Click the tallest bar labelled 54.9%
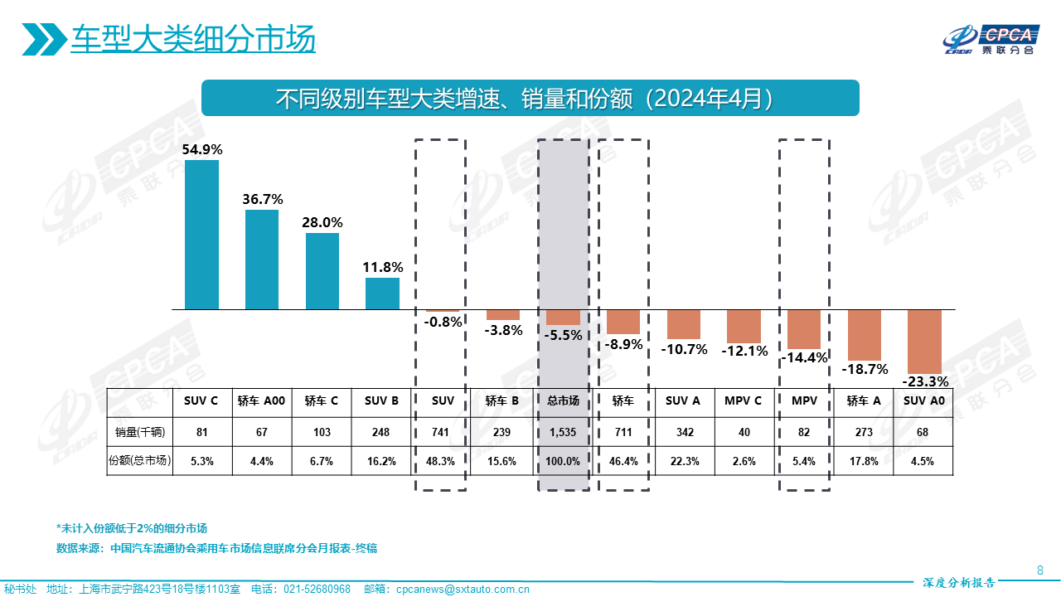click(x=201, y=235)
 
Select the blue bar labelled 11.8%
click(x=382, y=294)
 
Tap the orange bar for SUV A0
click(x=925, y=341)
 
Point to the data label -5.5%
click(x=564, y=336)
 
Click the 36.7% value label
click(x=262, y=199)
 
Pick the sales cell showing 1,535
click(x=563, y=432)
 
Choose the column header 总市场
click(x=563, y=401)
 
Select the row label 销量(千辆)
click(x=139, y=432)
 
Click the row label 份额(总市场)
click(x=139, y=461)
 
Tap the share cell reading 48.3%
click(x=443, y=461)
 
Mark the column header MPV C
click(x=744, y=401)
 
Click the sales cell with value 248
click(x=382, y=432)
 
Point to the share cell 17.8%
click(x=864, y=461)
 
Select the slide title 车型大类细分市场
click(x=192, y=39)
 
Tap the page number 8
click(x=1040, y=570)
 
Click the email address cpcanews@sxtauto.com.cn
click(x=463, y=590)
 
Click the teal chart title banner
click(x=530, y=98)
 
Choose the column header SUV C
click(x=201, y=401)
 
